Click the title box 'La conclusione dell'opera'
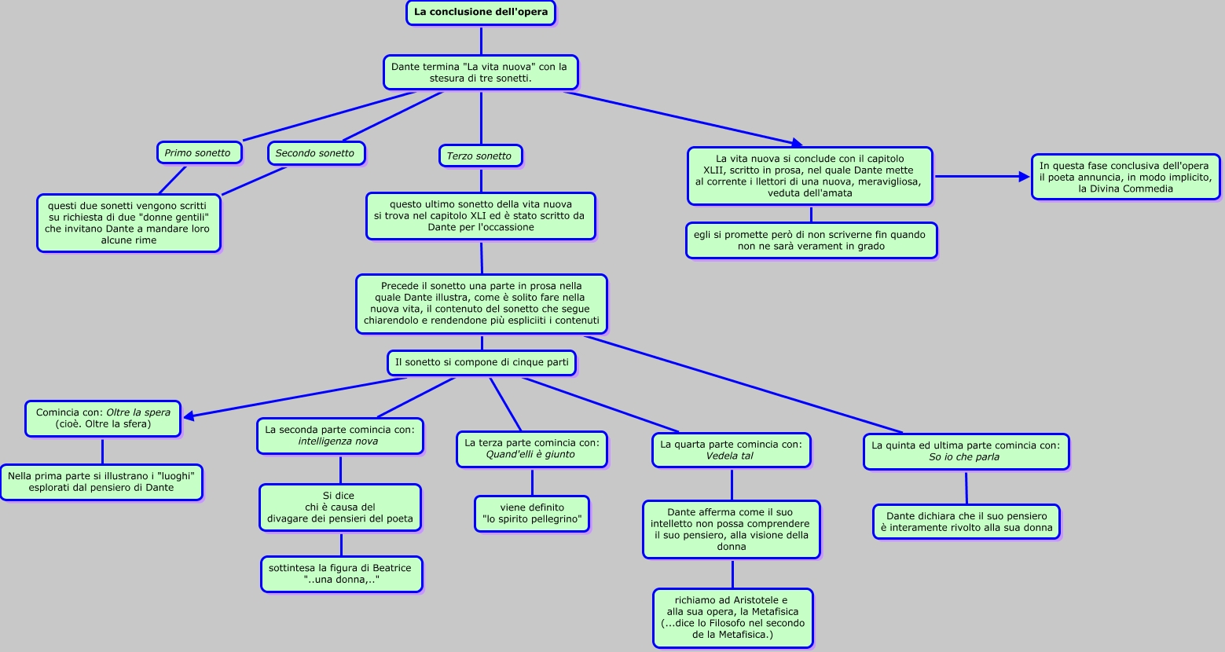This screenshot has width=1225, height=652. [x=481, y=13]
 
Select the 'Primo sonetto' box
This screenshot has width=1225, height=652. [x=198, y=152]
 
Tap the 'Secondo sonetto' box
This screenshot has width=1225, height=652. [x=315, y=152]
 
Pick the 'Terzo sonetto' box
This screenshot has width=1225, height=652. [x=479, y=156]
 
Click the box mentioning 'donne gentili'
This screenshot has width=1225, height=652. [x=129, y=223]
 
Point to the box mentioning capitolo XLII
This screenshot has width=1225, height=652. [x=809, y=176]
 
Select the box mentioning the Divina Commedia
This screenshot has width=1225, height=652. [x=1125, y=177]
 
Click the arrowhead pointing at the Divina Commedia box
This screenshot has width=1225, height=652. [x=1024, y=177]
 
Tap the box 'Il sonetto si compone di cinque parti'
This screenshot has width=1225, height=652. [x=482, y=362]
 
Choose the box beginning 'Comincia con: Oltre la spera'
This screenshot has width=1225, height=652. [x=103, y=418]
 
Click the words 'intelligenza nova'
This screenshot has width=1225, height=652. [x=338, y=441]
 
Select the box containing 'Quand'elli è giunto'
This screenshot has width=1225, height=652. [x=531, y=449]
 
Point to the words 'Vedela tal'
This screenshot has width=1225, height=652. [x=730, y=456]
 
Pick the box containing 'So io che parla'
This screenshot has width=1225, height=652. [x=966, y=451]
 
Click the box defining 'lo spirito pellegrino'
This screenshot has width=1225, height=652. [x=532, y=513]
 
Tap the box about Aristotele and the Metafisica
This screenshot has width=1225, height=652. [x=732, y=617]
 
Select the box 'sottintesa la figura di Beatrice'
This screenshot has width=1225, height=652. [x=341, y=573]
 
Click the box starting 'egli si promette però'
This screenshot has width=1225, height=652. [x=811, y=240]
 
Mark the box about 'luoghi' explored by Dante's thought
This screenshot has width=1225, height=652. [x=101, y=482]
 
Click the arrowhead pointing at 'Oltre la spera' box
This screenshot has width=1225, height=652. [x=189, y=416]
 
